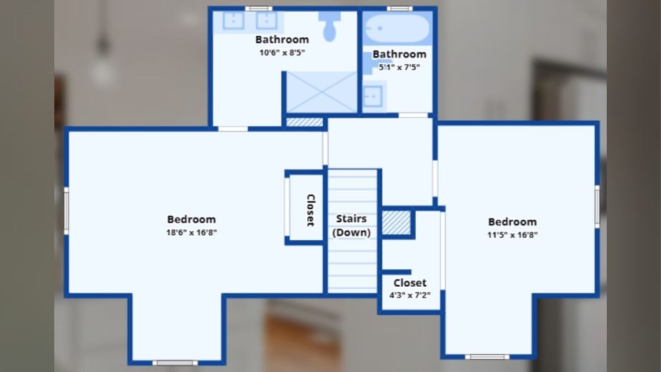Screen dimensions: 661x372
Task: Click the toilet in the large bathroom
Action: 330,26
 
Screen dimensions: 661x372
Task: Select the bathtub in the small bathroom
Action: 397,28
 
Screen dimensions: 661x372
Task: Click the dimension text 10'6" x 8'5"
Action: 282,53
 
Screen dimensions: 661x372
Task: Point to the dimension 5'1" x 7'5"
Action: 399,67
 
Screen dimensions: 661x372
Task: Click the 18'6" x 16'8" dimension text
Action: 191,232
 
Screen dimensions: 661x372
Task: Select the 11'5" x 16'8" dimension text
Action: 512,235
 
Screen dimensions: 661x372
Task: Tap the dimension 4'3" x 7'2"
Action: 410,295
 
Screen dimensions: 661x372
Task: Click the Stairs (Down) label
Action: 351,225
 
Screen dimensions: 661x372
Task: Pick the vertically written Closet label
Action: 310,210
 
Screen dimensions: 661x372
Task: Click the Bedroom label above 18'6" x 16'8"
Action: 191,220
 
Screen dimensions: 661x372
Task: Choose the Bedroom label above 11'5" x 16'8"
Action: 512,222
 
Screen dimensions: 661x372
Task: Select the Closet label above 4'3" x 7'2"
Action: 410,283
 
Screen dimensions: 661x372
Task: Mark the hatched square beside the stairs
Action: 396,223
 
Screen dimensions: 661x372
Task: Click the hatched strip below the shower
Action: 305,122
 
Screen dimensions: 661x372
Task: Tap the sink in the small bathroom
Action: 372,97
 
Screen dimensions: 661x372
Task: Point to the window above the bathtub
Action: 400,8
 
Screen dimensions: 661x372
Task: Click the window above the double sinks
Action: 259,8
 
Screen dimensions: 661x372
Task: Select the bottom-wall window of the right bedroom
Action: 487,357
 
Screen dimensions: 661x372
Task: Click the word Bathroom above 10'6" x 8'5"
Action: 282,39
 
